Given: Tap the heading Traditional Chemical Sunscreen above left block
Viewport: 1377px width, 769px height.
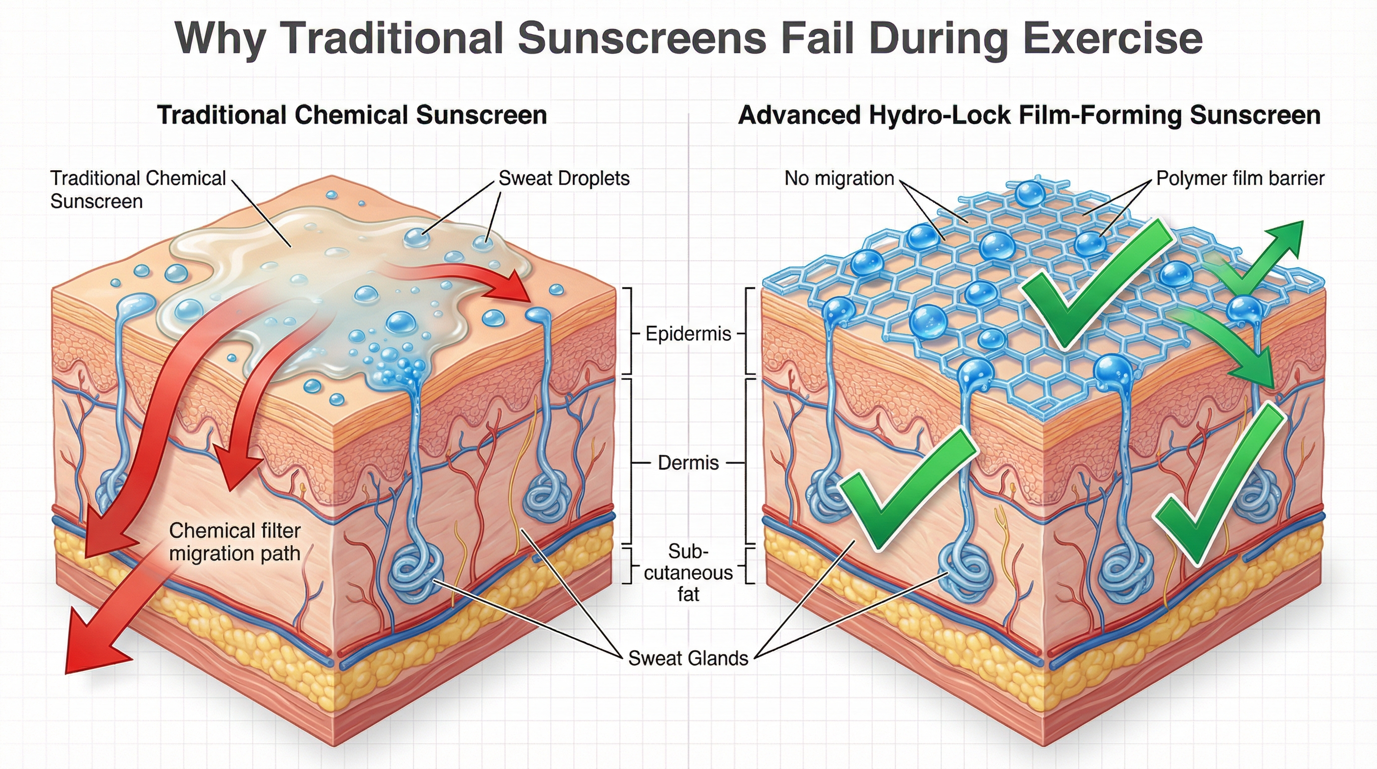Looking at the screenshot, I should click(x=352, y=116).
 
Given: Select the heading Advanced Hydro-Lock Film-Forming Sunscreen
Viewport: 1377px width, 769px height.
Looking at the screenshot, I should click(x=1029, y=116).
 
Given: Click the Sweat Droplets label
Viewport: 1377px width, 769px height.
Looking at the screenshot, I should click(x=564, y=178).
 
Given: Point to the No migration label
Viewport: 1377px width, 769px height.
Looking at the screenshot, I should click(x=839, y=178).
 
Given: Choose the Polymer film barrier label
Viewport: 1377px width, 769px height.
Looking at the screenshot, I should click(x=1239, y=178).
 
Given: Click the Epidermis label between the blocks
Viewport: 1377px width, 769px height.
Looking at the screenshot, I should click(x=688, y=334).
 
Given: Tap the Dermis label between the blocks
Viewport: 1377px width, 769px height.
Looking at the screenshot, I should click(x=688, y=463).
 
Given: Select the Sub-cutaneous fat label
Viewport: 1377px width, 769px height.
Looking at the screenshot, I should click(x=688, y=573).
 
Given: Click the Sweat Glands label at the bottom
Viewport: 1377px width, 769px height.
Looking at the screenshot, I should click(x=688, y=658).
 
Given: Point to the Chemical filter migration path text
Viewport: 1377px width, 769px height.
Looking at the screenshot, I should click(x=235, y=542).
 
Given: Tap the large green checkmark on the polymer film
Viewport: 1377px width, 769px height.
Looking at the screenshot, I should click(x=1090, y=289).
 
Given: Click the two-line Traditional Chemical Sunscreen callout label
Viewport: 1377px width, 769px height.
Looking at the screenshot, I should click(x=138, y=190).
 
